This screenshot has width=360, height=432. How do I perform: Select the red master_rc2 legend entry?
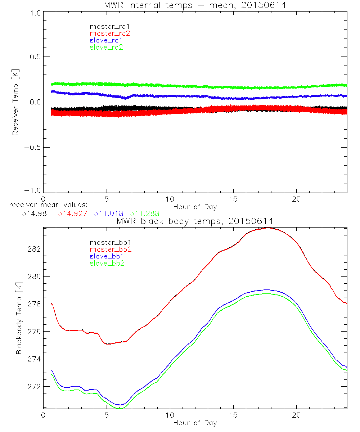click(109, 33)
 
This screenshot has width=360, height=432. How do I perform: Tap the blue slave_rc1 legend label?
click(106, 40)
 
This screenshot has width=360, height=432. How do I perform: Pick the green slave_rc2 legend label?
click(106, 47)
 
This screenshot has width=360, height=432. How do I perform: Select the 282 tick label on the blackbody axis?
click(32, 249)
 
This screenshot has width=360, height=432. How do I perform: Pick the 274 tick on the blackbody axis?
click(32, 359)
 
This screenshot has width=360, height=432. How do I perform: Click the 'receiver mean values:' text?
click(46, 205)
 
